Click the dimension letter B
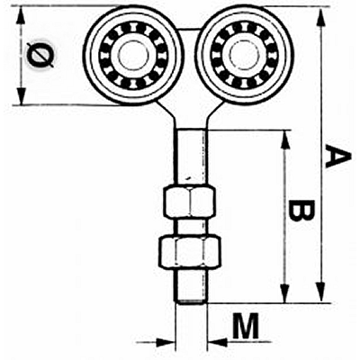click(300, 211)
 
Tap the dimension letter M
click(246, 326)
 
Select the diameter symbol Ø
click(40, 56)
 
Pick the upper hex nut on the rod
click(189, 201)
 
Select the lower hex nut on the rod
click(189, 251)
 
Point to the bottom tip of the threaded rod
click(191, 302)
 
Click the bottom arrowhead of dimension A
click(321, 292)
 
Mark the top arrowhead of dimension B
click(285, 140)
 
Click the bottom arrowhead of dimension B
click(285, 292)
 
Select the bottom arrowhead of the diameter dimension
click(21, 95)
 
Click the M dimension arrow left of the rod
click(156, 342)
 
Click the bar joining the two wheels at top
click(190, 29)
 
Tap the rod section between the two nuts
click(191, 227)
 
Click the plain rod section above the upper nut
click(191, 157)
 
